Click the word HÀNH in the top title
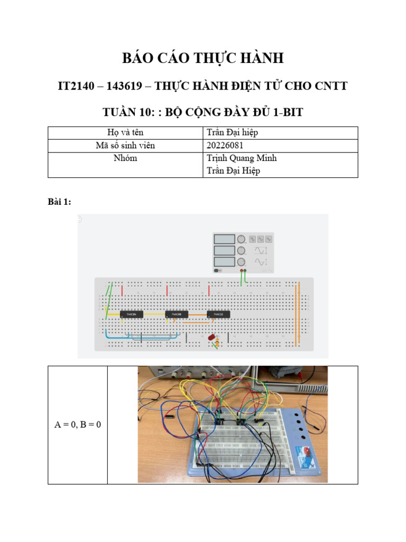pyautogui.click(x=260, y=58)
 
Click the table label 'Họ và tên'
pyautogui.click(x=125, y=133)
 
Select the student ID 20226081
pyautogui.click(x=225, y=146)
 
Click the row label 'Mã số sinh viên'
pyautogui.click(x=125, y=146)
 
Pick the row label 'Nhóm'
pyautogui.click(x=125, y=158)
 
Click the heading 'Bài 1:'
pyautogui.click(x=59, y=202)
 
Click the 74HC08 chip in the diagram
pyautogui.click(x=177, y=315)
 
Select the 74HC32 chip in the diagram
pyautogui.click(x=218, y=315)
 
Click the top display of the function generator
pyautogui.click(x=224, y=239)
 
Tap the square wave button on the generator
pyautogui.click(x=252, y=239)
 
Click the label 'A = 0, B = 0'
pyautogui.click(x=78, y=424)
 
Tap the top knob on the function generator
pyautogui.click(x=242, y=239)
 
